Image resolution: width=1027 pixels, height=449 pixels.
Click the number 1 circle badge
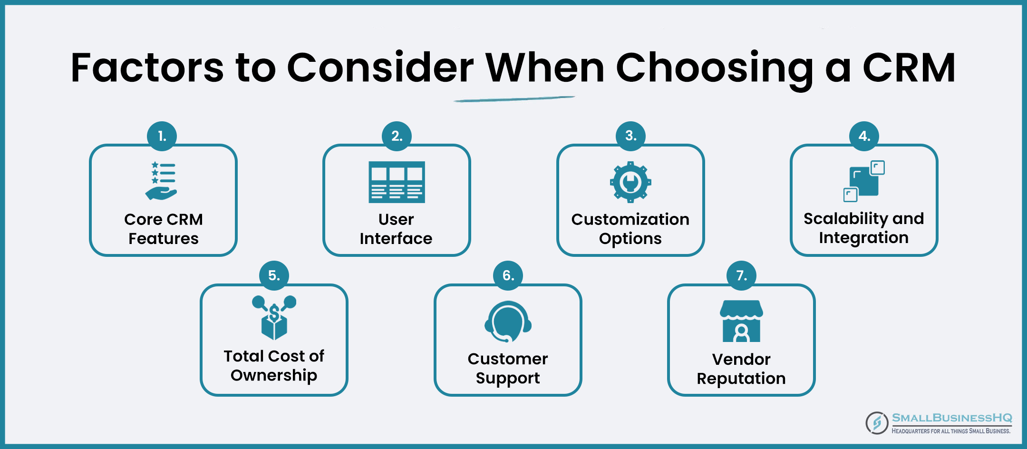(x=162, y=136)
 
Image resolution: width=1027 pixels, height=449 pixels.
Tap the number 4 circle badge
(x=864, y=136)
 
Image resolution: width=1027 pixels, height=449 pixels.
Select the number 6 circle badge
(x=508, y=275)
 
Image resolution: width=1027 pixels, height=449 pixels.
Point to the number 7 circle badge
(x=741, y=275)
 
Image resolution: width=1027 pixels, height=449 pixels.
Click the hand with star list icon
(x=162, y=181)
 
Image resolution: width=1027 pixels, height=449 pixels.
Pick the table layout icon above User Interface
(x=397, y=182)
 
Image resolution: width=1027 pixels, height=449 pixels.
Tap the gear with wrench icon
(x=630, y=182)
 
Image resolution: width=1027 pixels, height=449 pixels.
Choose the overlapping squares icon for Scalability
(x=864, y=181)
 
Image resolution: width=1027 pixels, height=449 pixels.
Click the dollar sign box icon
(x=274, y=317)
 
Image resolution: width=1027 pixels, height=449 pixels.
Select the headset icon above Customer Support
(x=508, y=322)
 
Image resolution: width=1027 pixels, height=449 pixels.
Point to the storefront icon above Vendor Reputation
(x=741, y=321)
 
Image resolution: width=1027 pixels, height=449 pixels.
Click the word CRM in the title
(x=909, y=68)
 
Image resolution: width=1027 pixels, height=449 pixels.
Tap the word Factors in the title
(x=147, y=68)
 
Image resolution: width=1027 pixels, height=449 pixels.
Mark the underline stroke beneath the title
(x=514, y=99)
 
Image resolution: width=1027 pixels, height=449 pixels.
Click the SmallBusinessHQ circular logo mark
(x=877, y=423)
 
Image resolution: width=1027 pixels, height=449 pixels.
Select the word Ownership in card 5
(x=274, y=376)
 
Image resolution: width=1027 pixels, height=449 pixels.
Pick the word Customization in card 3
(x=630, y=219)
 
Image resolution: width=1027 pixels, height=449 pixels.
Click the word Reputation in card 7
(x=741, y=379)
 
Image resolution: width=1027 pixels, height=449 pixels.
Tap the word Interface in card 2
(x=396, y=238)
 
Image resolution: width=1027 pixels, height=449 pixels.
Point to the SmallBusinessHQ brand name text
(x=952, y=418)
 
